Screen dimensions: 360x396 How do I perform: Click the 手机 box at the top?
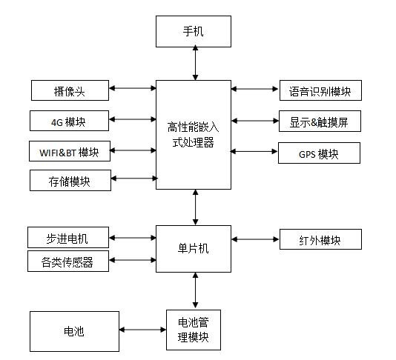[x=194, y=32]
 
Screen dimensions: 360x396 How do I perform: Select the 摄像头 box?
[x=70, y=91]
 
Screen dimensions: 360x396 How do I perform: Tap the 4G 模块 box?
[x=70, y=120]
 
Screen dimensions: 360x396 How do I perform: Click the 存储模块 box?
[x=70, y=180]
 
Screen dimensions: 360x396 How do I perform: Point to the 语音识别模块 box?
[x=320, y=91]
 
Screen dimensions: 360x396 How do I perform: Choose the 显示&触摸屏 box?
[x=320, y=121]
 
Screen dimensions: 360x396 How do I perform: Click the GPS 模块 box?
[x=319, y=153]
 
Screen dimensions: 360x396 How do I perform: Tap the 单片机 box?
[x=194, y=248]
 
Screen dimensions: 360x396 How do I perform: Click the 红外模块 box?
[x=320, y=239]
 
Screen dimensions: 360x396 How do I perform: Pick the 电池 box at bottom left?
[x=74, y=331]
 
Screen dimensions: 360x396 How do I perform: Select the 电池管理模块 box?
[x=194, y=331]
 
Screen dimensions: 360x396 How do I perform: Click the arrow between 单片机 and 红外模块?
[x=254, y=239]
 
